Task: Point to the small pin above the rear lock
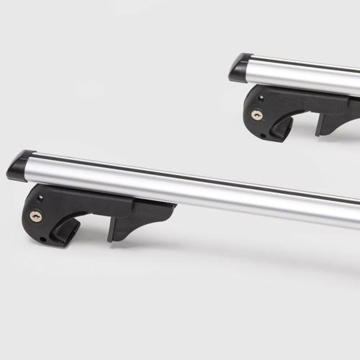click(262, 97)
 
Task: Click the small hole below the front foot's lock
click(44, 240)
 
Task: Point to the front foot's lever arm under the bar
click(90, 204)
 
